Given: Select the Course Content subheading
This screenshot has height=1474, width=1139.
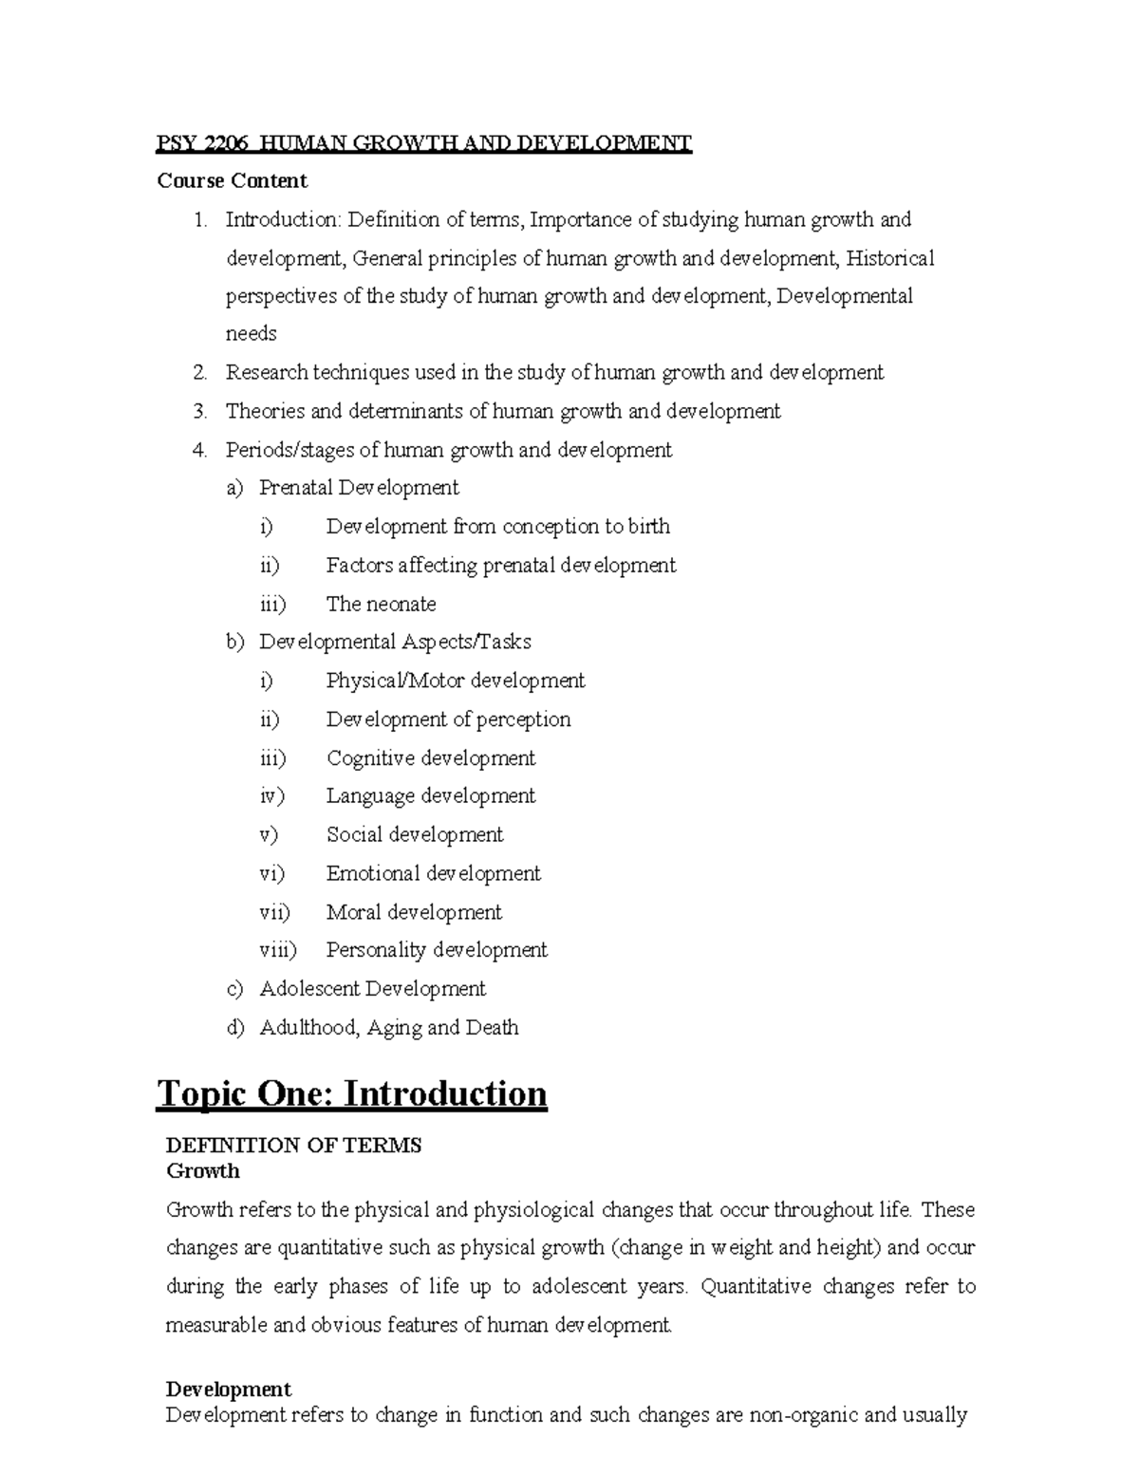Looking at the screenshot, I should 232,180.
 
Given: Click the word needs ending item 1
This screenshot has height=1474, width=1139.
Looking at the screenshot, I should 251,334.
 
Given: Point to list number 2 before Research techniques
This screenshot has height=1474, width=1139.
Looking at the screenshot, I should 198,373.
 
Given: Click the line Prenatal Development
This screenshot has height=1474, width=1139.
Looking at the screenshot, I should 359,488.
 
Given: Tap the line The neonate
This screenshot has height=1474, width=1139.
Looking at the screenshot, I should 381,604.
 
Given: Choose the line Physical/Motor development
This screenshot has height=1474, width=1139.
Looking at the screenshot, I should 455,681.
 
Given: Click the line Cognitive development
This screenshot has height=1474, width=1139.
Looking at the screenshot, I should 430,758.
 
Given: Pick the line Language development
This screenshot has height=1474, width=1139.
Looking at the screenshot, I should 430,796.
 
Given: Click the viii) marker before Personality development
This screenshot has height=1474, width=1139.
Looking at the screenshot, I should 277,950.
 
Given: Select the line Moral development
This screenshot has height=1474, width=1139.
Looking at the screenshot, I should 414,912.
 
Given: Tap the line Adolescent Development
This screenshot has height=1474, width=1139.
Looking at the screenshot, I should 372,989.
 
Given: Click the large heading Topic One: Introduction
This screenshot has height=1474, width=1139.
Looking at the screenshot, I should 352,1093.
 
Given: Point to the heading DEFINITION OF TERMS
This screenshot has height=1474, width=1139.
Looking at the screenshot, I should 293,1146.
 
